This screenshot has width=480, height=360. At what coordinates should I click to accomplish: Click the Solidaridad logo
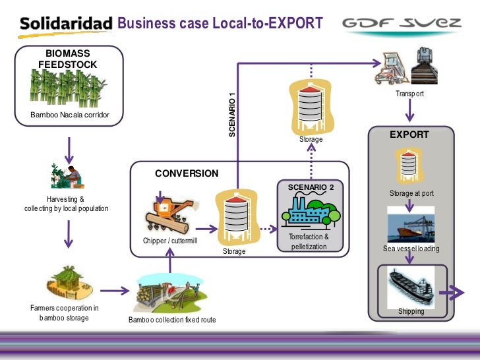pos(66,24)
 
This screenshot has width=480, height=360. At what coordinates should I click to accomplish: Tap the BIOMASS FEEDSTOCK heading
pos(67,59)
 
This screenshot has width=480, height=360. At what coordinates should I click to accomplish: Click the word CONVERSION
pos(187,173)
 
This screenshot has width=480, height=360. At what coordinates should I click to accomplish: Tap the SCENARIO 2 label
pos(311,187)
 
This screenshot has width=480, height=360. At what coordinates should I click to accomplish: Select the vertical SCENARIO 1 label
pos(231,113)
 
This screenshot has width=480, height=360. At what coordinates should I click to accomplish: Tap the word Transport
pos(409,94)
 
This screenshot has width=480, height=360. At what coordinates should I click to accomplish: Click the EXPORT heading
pos(409,135)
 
